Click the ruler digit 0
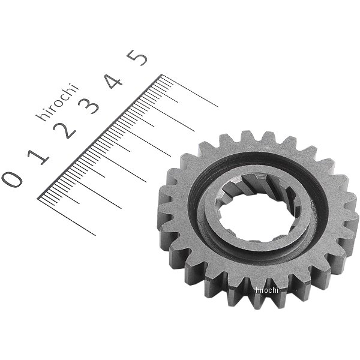pyautogui.click(x=12, y=179)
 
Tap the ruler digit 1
pyautogui.click(x=38, y=157)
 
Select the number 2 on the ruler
pyautogui.click(x=64, y=130)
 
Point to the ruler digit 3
pyautogui.click(x=88, y=106)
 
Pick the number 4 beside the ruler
pyautogui.click(x=113, y=81)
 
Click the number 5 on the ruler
pyautogui.click(x=137, y=58)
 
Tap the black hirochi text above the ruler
pyautogui.click(x=58, y=102)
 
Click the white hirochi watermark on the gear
pyautogui.click(x=266, y=290)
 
